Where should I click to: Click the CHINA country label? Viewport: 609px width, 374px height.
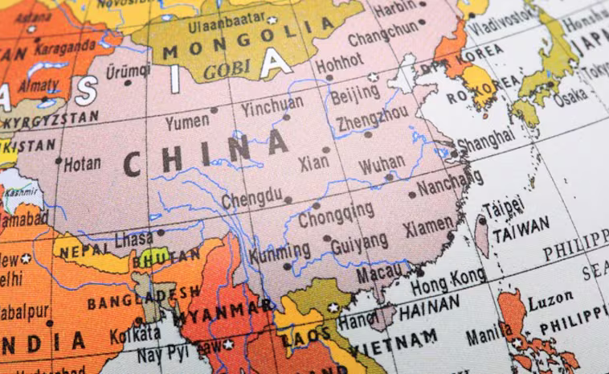click(206, 154)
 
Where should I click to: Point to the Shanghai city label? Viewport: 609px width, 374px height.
click(485, 139)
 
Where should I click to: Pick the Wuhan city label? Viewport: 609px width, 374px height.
click(382, 166)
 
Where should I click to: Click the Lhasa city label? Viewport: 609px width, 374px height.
click(133, 240)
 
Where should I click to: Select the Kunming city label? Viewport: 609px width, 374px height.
click(279, 254)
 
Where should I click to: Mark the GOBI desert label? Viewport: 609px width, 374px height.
click(227, 70)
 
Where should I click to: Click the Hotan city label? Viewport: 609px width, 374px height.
click(82, 163)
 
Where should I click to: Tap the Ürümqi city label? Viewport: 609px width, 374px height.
click(128, 72)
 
